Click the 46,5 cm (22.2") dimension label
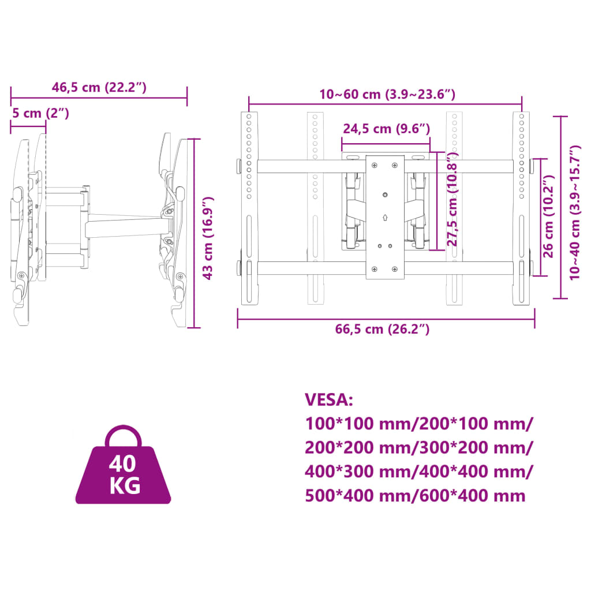point(99,88)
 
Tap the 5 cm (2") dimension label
point(41,113)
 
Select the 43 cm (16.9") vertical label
point(208,238)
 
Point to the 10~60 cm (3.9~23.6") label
point(387,94)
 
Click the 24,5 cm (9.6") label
point(386,129)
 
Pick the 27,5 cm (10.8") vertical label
point(452,199)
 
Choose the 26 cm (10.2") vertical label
point(548,216)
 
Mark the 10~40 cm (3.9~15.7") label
point(575,212)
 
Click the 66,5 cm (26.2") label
point(382,329)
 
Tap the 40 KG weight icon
point(124,465)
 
